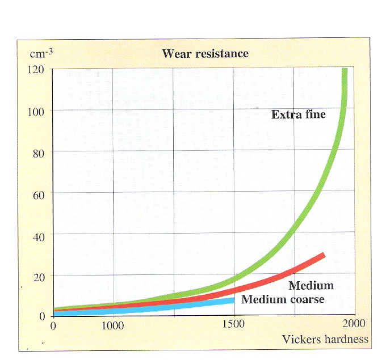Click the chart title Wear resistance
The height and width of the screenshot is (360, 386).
click(x=205, y=54)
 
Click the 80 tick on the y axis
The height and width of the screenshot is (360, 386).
click(x=39, y=151)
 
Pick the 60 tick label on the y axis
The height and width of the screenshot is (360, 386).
click(x=39, y=193)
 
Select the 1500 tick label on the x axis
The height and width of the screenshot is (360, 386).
click(x=234, y=325)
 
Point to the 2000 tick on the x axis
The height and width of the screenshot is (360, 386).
click(x=352, y=325)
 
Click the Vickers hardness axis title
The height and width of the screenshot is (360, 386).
click(x=325, y=340)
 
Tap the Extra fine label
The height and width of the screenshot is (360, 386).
click(x=299, y=115)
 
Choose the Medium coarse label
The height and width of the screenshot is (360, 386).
click(x=283, y=299)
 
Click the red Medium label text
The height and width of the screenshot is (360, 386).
click(x=311, y=285)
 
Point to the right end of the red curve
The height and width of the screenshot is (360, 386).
click(x=324, y=255)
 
